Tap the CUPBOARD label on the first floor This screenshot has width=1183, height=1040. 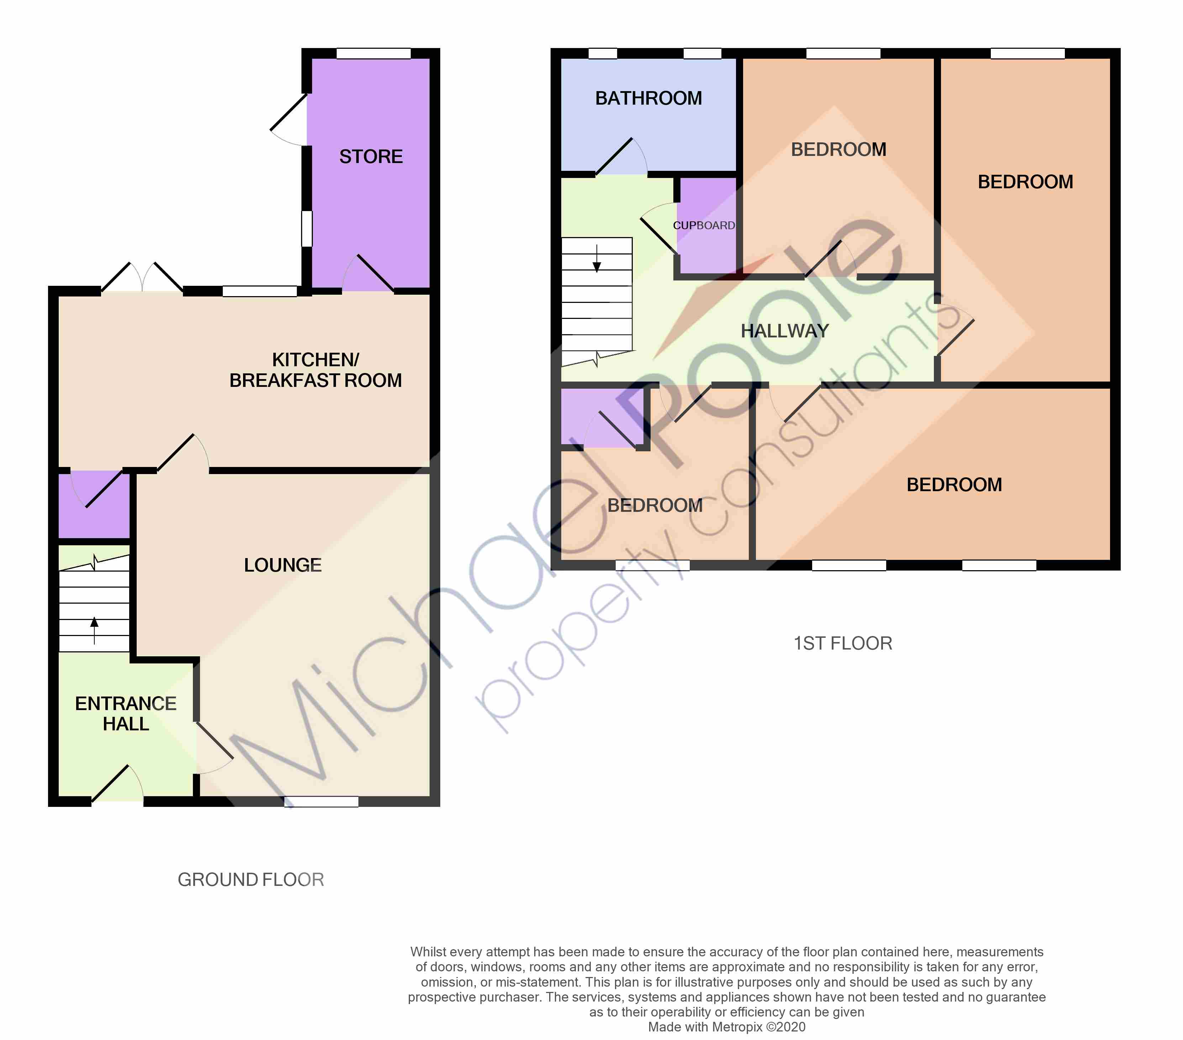(x=704, y=225)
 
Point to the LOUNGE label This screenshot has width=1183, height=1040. (x=283, y=565)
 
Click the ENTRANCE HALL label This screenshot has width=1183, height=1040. (x=126, y=714)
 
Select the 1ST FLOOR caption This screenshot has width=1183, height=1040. (x=843, y=643)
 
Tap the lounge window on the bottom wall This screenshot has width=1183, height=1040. (x=321, y=802)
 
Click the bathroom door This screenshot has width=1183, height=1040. (x=621, y=156)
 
